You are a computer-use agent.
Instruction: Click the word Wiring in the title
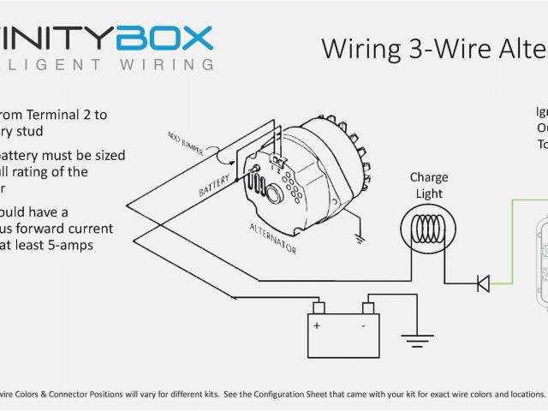coord(355,49)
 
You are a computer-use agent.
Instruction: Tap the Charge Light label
coord(429,185)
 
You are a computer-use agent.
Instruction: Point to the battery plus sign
coord(316,326)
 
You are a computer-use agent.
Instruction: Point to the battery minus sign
coord(363,326)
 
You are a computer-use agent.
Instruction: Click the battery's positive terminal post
coord(318,307)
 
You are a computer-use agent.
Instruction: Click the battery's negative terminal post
coord(368,307)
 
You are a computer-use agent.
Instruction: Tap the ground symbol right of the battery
coord(418,342)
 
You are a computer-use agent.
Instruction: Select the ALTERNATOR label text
coord(275,234)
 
